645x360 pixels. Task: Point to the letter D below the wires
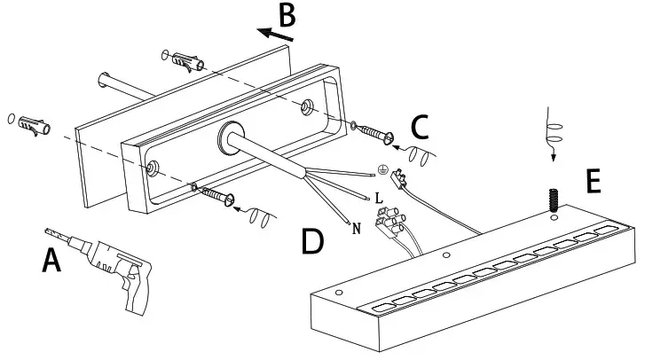tap(311, 241)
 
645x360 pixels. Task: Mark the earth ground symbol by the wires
tap(383, 168)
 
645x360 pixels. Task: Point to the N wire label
tap(356, 229)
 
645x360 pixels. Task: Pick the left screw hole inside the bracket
tap(155, 166)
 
